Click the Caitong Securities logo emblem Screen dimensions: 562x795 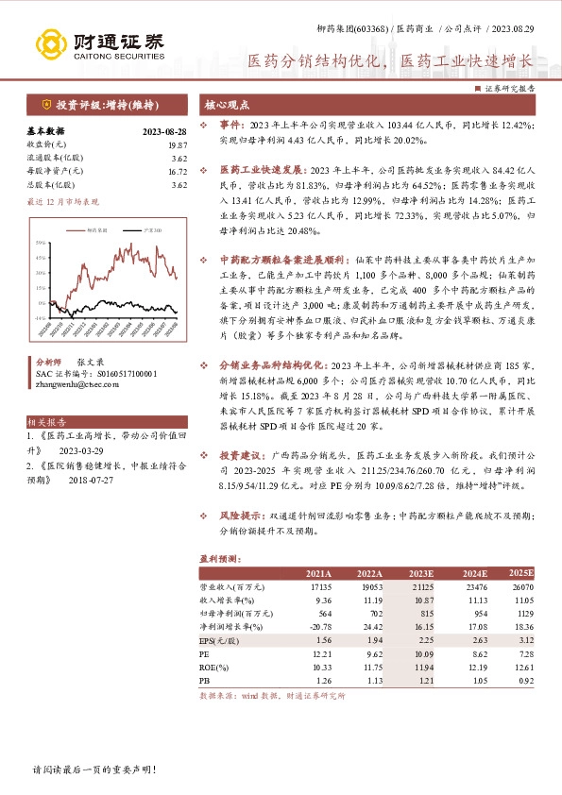tap(50, 43)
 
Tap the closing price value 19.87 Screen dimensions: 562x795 tap(177, 144)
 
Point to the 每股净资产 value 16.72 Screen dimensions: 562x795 tap(177, 172)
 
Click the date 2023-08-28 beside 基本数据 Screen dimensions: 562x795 tap(164, 131)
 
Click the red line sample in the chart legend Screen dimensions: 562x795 tap(77, 229)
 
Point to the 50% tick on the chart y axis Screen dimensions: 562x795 tap(42, 243)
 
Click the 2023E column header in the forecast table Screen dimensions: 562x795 tap(419, 573)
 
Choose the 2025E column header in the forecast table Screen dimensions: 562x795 tap(520, 572)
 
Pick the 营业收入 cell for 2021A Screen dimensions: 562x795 tap(319, 586)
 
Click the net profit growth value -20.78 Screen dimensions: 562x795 tap(319, 626)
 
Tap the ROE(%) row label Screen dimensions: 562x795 tap(213, 666)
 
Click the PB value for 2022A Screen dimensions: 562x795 tap(371, 679)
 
